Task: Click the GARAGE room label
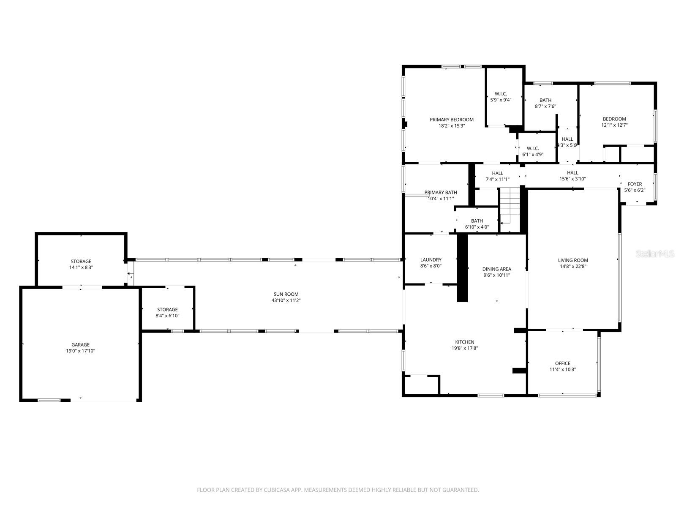coord(80,345)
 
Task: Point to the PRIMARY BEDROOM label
coord(451,120)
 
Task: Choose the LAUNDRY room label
coord(431,260)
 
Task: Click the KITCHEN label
coord(464,342)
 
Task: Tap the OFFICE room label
coord(562,363)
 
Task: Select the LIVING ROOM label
coord(573,260)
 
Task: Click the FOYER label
coord(635,184)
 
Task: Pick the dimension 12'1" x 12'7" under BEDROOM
coord(614,125)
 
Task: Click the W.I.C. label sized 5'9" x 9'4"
coord(501,94)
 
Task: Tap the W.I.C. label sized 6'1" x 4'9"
coord(532,148)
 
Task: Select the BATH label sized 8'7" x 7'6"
coord(545,100)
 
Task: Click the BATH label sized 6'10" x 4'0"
coord(477,221)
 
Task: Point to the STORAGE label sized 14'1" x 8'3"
coord(81,261)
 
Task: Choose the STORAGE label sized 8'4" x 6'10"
coord(167,309)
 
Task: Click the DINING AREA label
coord(496,269)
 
